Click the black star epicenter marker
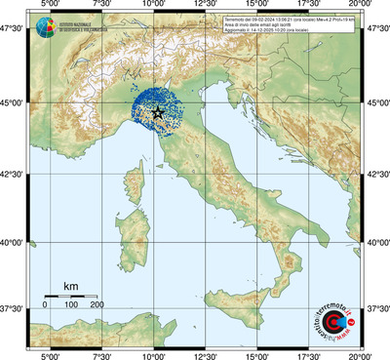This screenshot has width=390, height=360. pyautogui.click(x=159, y=112)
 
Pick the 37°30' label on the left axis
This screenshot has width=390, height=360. pyautogui.click(x=14, y=308)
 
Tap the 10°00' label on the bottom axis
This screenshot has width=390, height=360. pyautogui.click(x=153, y=355)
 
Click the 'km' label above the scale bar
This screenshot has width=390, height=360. pyautogui.click(x=70, y=286)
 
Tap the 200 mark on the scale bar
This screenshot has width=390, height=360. pyautogui.click(x=97, y=305)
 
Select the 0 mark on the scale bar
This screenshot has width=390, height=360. pyautogui.click(x=45, y=305)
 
